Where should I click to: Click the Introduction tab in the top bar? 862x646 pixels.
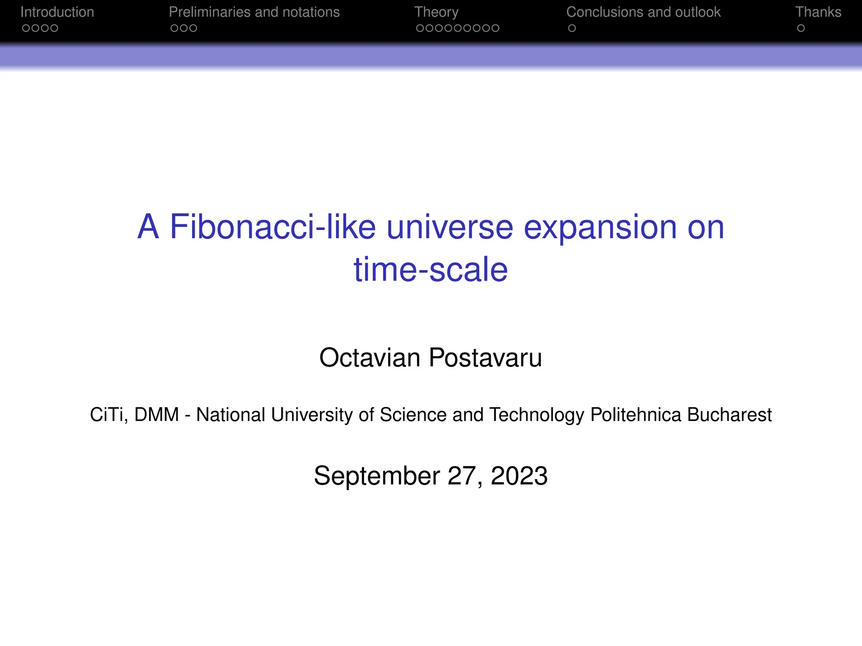click(x=57, y=12)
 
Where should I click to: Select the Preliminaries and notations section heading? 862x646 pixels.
click(x=254, y=12)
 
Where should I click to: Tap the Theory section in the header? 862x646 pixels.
click(x=436, y=12)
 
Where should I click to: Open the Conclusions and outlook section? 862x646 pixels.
click(x=643, y=12)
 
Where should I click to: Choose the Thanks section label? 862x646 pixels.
click(x=818, y=12)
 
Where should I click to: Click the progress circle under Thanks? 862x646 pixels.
click(x=801, y=28)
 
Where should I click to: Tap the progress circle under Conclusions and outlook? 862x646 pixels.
click(x=572, y=28)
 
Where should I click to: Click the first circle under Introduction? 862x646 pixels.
click(x=26, y=28)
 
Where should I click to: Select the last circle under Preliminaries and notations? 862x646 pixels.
click(x=193, y=28)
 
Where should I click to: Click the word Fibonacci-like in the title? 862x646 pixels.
click(x=272, y=227)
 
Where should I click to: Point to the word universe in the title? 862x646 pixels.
click(x=450, y=227)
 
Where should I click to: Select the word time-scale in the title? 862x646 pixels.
click(x=431, y=270)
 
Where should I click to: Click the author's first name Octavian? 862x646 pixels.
click(x=370, y=358)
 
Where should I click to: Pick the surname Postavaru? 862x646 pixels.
click(x=485, y=358)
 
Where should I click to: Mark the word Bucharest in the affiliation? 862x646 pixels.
click(x=729, y=415)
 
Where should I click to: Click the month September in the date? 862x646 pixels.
click(x=377, y=476)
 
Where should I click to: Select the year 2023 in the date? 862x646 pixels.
click(x=519, y=476)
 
